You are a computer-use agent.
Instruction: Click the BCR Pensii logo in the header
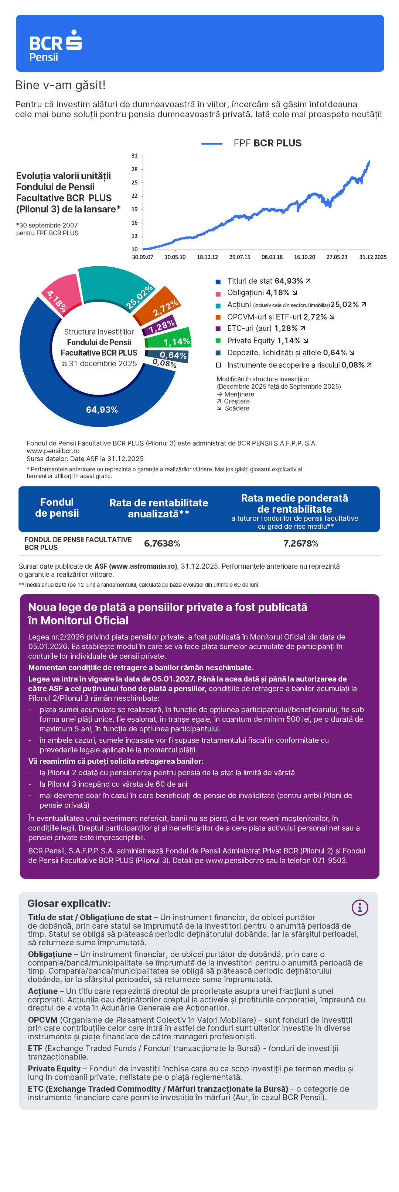coord(55,46)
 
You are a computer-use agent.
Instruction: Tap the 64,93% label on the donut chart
coord(102,409)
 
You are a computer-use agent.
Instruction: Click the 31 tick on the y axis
coord(134,156)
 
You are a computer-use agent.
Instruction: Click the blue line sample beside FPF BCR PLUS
coord(212,144)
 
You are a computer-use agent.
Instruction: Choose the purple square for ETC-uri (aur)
coord(218,329)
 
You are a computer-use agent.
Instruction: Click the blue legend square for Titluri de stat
coord(218,281)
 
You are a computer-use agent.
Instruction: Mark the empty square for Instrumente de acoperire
coord(218,365)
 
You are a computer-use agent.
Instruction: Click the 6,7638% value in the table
coord(162,543)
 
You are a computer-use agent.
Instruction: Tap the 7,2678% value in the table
coord(301,543)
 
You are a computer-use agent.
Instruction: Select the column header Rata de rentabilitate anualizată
coord(158,508)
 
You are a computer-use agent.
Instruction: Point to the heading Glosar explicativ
coord(69,903)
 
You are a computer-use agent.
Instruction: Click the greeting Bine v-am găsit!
coord(60,86)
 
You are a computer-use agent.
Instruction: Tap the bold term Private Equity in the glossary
coord(54,1068)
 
